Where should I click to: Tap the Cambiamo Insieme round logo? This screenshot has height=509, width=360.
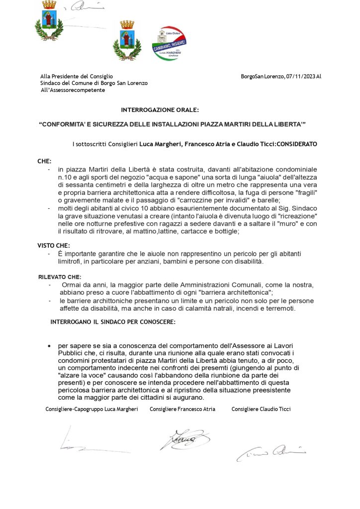(x=169, y=43)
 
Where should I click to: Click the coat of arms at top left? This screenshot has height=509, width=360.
(x=48, y=21)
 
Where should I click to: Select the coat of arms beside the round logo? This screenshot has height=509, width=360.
(x=127, y=39)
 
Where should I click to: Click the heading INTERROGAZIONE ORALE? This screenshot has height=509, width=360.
(x=160, y=109)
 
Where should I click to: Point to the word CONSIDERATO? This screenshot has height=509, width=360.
(x=296, y=144)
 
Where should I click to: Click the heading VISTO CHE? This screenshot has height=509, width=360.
(x=54, y=246)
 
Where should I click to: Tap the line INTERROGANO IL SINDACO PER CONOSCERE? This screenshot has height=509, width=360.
(x=113, y=322)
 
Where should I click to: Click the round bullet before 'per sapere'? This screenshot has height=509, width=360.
(x=49, y=345)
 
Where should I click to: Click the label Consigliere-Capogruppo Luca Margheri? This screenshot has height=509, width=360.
(x=91, y=409)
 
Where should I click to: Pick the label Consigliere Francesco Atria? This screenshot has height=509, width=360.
(x=182, y=409)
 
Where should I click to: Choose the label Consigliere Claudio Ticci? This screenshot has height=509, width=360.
(x=261, y=409)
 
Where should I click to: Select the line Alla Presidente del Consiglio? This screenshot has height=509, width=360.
(x=77, y=76)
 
